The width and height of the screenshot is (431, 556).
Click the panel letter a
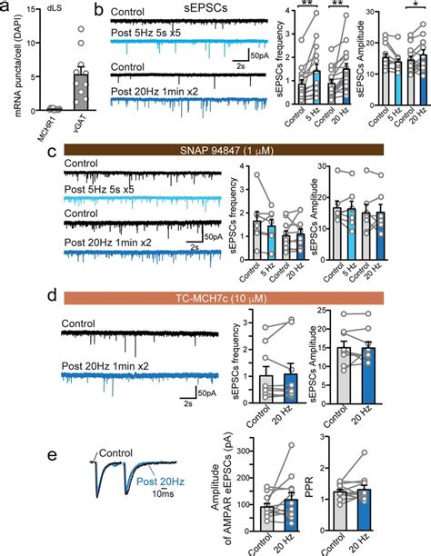click(x=7, y=8)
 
